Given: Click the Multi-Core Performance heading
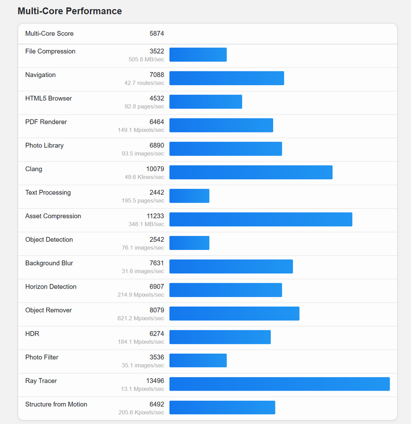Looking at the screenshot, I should point(70,11).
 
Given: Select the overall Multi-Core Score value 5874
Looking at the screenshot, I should point(157,34).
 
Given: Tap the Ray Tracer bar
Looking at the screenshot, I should point(279,384).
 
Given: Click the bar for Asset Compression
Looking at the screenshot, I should point(261,219).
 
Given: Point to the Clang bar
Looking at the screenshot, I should point(250,172).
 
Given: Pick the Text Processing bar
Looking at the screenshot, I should point(189,196).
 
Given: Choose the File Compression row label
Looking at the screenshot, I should point(50,52).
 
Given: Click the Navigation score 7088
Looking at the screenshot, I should point(157,75).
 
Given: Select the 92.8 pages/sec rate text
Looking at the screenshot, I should point(144,106).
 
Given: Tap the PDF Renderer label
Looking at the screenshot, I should point(46,122).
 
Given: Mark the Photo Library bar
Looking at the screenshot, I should point(225,148).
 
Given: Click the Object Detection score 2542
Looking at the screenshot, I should point(157,240).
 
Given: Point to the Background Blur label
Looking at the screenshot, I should point(49,263).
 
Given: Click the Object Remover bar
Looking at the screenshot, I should point(234,313).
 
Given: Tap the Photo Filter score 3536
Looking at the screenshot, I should point(157,357).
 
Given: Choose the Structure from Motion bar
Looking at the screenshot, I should point(222,408).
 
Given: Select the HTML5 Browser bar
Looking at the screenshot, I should point(205,102).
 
